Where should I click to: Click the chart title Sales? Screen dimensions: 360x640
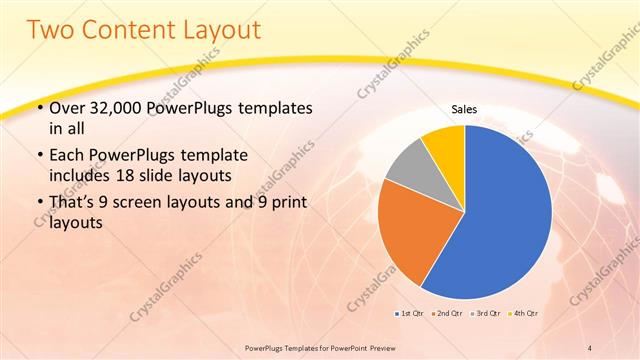[x=464, y=110]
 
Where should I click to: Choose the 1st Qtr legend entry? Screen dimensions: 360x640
[x=411, y=314]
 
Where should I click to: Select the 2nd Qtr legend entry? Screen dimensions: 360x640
[x=448, y=314]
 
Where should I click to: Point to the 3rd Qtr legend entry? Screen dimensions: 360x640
[x=486, y=314]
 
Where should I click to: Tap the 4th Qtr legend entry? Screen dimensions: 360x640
[x=524, y=314]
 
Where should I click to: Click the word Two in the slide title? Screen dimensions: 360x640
[x=52, y=30]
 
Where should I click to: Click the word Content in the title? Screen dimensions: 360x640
[x=132, y=30]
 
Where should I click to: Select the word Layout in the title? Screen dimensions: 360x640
[x=222, y=30]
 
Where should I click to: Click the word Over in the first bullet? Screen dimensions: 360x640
[x=66, y=107]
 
